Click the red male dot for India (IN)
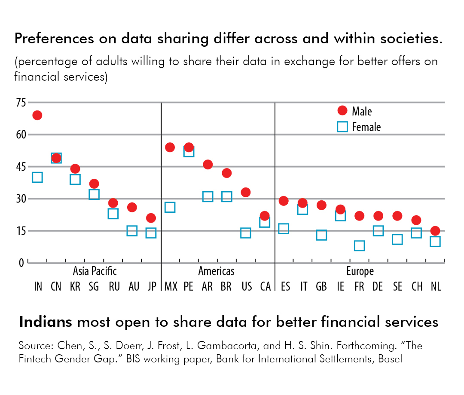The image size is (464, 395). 37,115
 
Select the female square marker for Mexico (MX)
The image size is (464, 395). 170,207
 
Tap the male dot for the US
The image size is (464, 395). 246,192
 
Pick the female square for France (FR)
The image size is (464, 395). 359,245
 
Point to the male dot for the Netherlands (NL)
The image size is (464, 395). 435,231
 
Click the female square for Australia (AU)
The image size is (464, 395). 132,231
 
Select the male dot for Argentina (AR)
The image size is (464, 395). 208,164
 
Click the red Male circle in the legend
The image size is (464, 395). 342,111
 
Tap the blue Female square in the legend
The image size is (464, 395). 342,127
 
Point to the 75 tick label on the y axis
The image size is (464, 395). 21,103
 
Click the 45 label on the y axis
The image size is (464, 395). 21,166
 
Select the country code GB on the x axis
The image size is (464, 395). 321,286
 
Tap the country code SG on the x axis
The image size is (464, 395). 94,286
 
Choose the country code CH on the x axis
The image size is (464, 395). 416,286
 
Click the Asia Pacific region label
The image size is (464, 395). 95,271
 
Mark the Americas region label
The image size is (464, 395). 216,271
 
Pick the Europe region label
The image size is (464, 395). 360,271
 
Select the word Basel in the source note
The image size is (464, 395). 390,359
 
